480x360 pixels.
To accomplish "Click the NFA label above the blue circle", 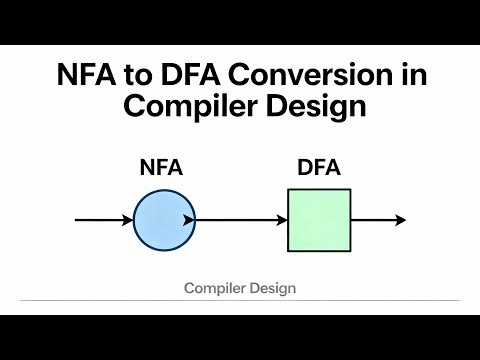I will pos(160,168).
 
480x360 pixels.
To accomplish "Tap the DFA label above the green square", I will pos(319,168).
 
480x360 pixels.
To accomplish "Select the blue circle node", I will pos(160,220).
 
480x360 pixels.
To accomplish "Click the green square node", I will pos(319,220).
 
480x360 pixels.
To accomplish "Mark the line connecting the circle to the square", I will pos(240,220).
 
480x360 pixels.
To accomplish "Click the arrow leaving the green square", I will pos(378,220).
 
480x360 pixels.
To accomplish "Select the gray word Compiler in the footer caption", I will pos(214,288).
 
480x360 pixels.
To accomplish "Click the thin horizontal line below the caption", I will pos(240,300).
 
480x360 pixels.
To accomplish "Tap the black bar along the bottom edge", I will pos(240,337).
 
